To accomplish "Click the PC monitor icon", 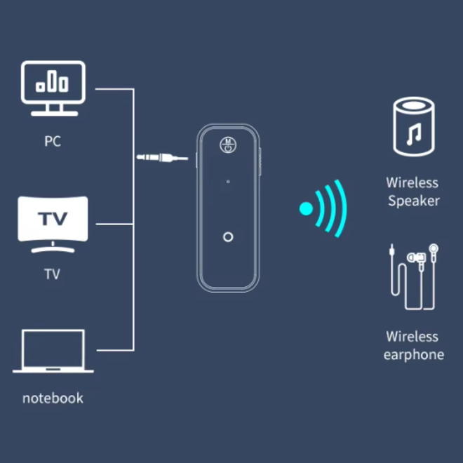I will (x=53, y=88).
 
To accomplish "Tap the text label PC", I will (x=53, y=141).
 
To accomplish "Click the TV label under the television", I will (x=53, y=274).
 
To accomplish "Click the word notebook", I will (x=53, y=398).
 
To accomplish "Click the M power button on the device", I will (x=228, y=145).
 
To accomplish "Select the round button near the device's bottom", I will (x=228, y=237).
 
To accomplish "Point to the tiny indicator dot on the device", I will (x=228, y=184).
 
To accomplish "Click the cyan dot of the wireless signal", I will (x=306, y=208).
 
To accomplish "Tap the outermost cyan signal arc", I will (x=342, y=208).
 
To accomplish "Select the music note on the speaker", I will (x=415, y=133).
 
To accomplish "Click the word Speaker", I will (x=414, y=201).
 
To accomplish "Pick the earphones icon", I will (x=413, y=276).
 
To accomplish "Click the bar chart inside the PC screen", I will (x=53, y=82).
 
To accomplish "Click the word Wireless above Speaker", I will (x=412, y=183).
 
